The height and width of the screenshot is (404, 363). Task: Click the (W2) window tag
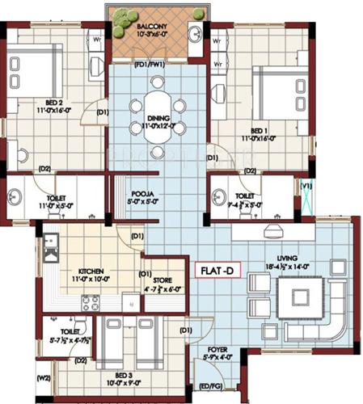[x=43, y=377]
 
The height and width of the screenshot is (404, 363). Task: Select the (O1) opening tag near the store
[x=146, y=273]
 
